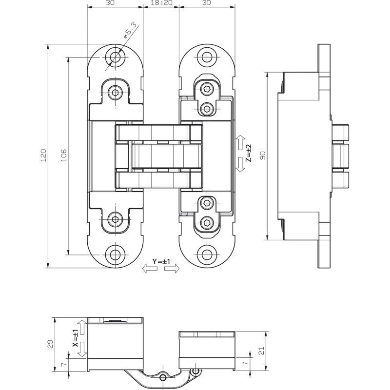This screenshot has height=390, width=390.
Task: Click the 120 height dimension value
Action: (43, 156)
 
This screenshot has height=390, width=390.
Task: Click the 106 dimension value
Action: (64, 156)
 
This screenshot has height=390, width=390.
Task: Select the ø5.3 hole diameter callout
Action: (130, 31)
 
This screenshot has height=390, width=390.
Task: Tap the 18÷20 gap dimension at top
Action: (162, 3)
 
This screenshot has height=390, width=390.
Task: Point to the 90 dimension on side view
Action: (263, 156)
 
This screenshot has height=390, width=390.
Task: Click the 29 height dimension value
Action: (50, 345)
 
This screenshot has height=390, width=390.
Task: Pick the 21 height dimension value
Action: (262, 351)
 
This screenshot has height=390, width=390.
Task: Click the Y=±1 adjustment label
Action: (161, 261)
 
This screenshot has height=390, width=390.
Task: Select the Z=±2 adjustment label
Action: (249, 153)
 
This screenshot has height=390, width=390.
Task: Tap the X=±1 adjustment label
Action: (75, 338)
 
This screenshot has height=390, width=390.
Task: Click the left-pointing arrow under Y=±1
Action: (150, 269)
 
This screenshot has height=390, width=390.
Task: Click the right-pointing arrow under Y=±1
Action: (172, 269)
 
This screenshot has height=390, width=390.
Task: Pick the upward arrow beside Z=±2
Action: (240, 142)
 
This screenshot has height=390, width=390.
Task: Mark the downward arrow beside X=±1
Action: (82, 350)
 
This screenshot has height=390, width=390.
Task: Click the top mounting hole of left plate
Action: (115, 58)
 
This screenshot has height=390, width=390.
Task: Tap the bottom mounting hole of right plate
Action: (206, 254)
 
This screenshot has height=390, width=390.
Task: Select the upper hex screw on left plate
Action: (115, 93)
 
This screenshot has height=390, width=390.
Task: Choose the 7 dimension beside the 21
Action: (246, 363)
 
